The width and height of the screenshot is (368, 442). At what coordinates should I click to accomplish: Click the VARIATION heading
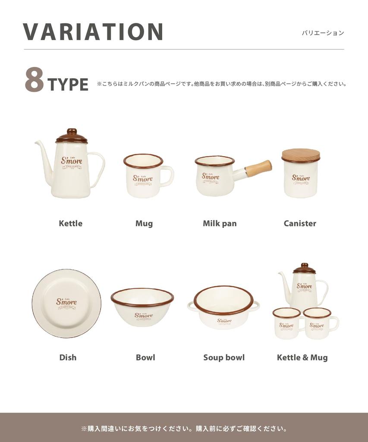[x=93, y=32]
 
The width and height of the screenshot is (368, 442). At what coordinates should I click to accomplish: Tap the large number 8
[x=34, y=80]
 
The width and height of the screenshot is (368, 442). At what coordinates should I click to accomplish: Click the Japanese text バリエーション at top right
[x=323, y=33]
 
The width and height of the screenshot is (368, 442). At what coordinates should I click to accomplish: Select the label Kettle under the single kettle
[x=70, y=223]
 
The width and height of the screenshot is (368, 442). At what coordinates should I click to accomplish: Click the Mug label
[x=144, y=223]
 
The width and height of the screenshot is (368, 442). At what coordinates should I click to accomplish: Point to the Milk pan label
[x=220, y=223]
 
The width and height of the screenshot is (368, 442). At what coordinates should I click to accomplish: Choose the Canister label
[x=300, y=223]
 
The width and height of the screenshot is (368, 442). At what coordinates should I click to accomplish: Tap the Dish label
[x=68, y=357]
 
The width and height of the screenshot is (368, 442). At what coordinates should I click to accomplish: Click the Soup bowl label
[x=224, y=357]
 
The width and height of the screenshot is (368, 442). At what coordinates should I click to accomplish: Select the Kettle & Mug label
[x=302, y=357]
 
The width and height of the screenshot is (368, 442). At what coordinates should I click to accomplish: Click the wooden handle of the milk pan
[x=258, y=168]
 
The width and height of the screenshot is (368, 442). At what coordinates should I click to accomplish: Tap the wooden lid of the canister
[x=301, y=155]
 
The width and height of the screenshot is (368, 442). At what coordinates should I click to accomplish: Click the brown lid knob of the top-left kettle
[x=72, y=131]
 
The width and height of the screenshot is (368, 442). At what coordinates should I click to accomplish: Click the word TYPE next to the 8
[x=68, y=85]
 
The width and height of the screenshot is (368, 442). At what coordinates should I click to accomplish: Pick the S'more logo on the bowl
[x=143, y=316]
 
